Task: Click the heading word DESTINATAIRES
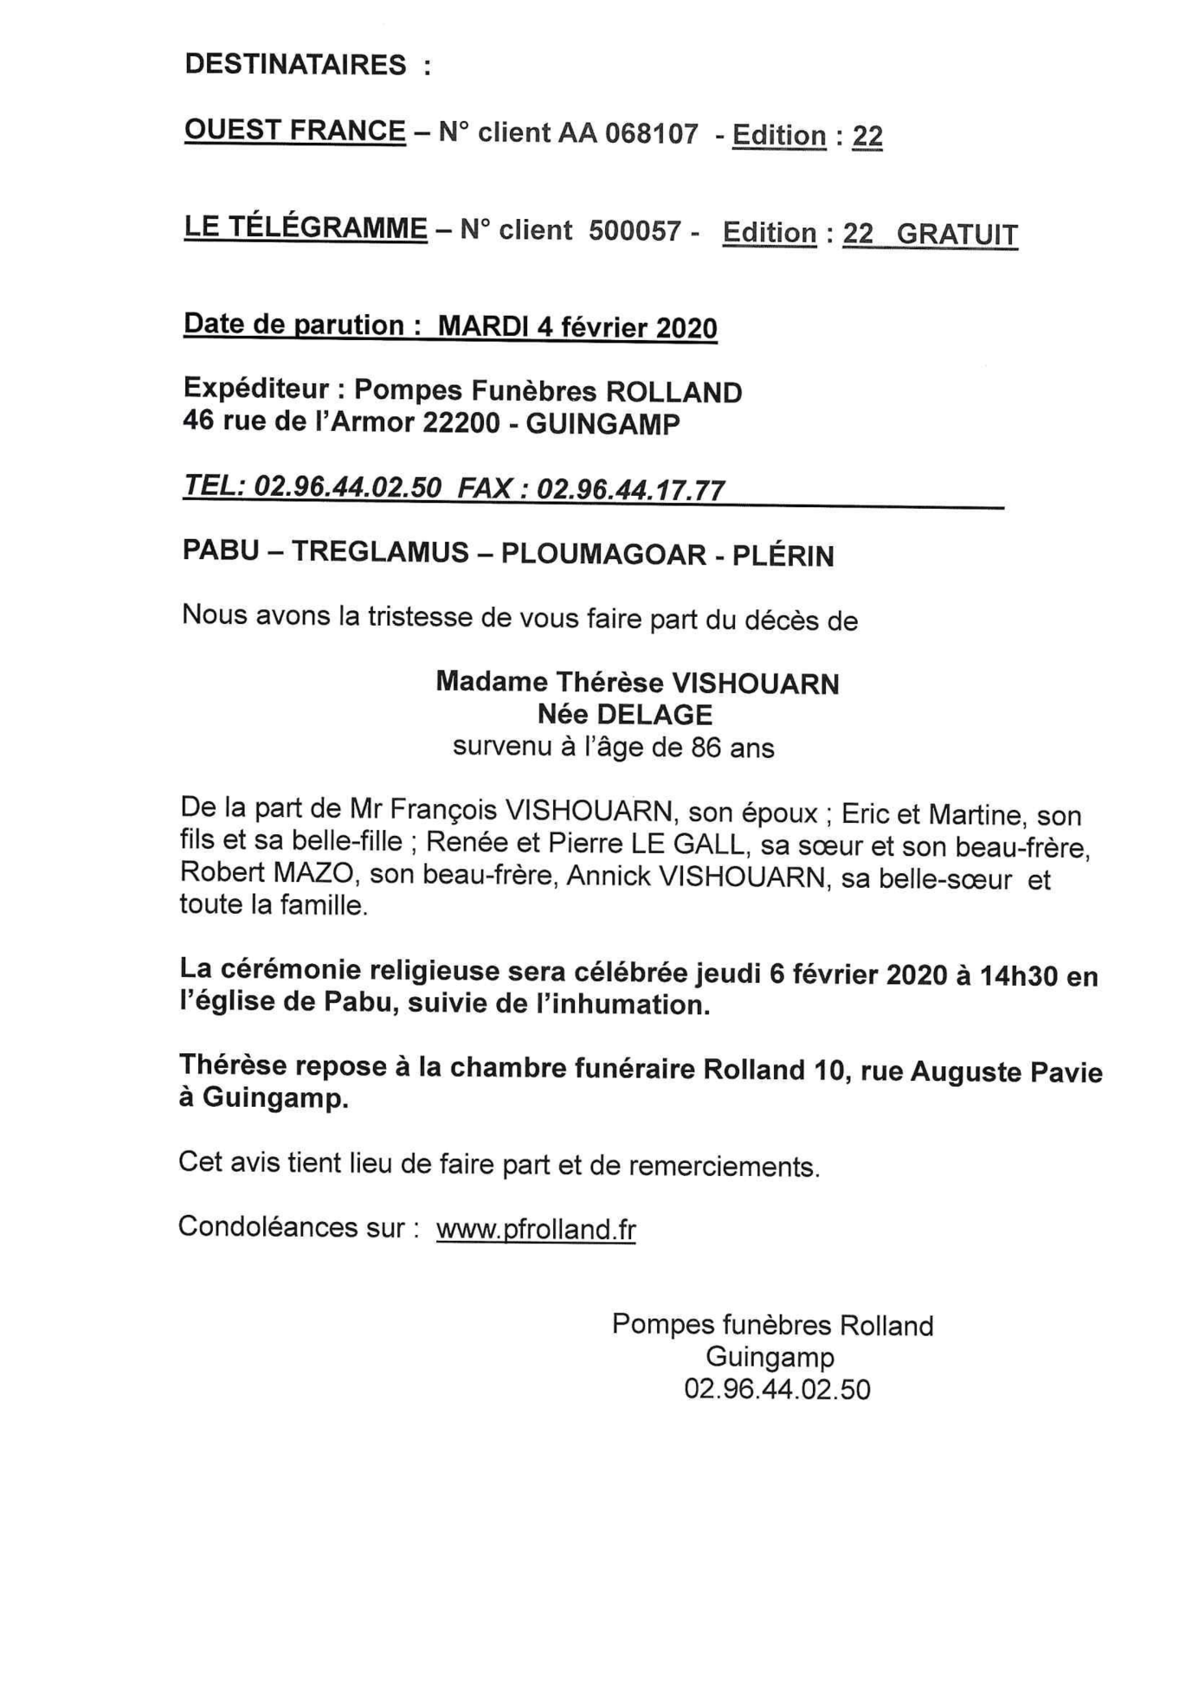[x=295, y=65]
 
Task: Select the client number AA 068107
[x=628, y=133]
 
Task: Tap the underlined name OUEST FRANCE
[x=294, y=131]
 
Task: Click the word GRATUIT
[x=957, y=234]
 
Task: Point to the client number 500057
[x=635, y=231]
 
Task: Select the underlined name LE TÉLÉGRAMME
[x=306, y=228]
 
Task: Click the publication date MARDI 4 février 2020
[x=577, y=327]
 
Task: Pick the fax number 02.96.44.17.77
[x=630, y=490]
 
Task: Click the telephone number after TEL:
[x=348, y=486]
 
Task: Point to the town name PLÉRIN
[x=783, y=556]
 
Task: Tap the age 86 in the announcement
[x=706, y=747]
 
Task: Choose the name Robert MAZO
[x=267, y=873]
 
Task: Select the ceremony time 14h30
[x=1018, y=976]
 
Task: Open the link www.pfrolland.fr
[x=536, y=1229]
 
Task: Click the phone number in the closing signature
[x=776, y=1390]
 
